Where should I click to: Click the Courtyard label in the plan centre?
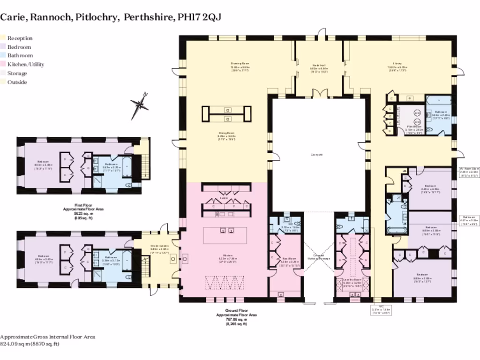click(316, 154)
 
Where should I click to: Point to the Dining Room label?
click(226, 133)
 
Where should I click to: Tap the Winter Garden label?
click(159, 246)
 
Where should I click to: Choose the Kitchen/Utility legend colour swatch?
click(2, 65)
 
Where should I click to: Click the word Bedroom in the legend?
click(19, 47)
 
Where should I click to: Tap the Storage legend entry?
click(17, 74)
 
